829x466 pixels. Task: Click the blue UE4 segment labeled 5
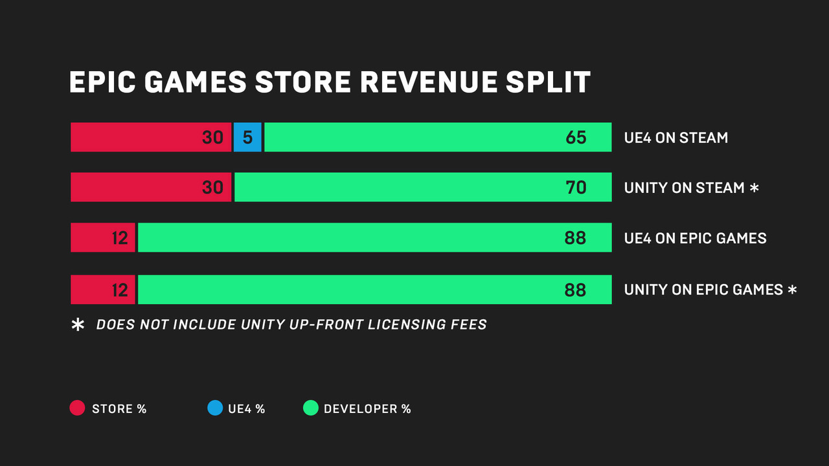[247, 137]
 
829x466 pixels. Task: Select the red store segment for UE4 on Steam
[150, 137]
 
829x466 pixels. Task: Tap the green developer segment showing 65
[438, 137]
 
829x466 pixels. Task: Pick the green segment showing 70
[423, 187]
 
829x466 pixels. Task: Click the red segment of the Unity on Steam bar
[150, 187]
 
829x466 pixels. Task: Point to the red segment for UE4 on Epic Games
[103, 238]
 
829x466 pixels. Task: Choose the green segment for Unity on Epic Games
[374, 289]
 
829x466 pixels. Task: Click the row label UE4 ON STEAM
[676, 138]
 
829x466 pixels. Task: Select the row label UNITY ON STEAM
[684, 188]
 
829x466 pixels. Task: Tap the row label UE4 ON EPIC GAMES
[695, 238]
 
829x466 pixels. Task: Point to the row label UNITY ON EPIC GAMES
[703, 290]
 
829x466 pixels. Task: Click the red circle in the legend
[77, 408]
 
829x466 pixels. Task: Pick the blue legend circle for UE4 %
[214, 408]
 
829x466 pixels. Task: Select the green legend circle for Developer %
[311, 408]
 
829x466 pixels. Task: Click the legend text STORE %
[119, 409]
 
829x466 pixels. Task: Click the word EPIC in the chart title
[103, 83]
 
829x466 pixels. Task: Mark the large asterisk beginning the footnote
[78, 325]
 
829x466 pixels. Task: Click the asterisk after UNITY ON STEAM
[754, 188]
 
